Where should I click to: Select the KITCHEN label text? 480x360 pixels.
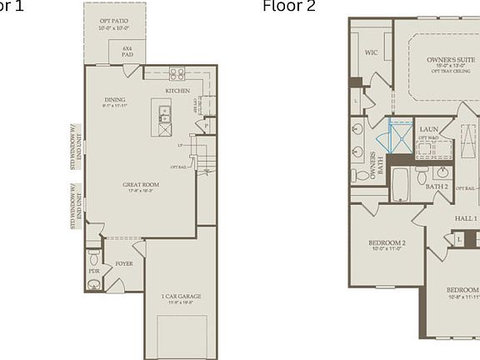coord(177,91)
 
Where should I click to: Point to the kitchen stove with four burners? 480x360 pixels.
coord(177,73)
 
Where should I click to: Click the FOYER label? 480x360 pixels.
coord(124,263)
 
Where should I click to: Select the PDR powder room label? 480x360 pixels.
coord(93,271)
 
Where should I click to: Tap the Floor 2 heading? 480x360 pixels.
coord(289,7)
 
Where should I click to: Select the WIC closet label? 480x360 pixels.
coord(372,52)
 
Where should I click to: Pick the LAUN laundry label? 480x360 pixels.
coord(429,129)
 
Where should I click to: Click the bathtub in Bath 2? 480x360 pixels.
coord(400,183)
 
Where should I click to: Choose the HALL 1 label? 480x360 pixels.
coord(465,218)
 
